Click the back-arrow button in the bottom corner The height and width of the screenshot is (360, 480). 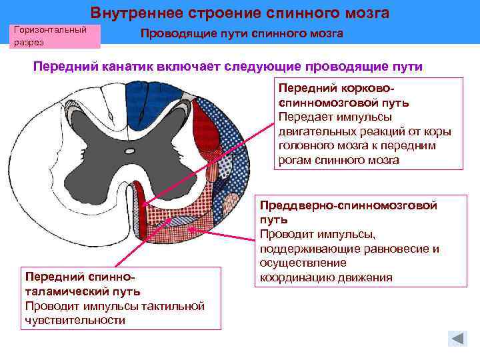(457, 338)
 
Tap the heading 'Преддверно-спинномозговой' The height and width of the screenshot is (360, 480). (348, 205)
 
